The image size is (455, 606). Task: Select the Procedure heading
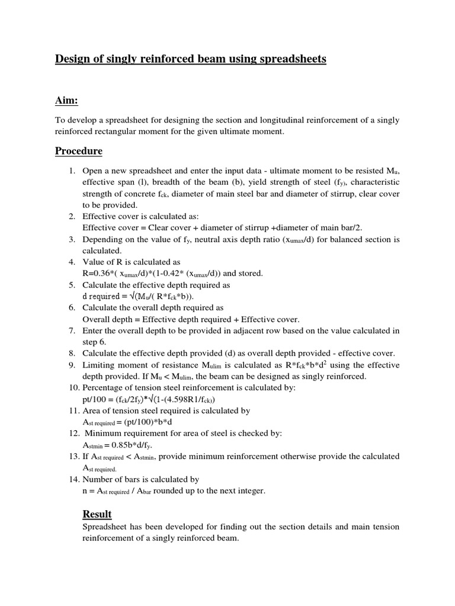tap(79, 151)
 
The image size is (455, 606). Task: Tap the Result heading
tap(97, 514)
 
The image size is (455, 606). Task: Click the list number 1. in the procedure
tap(71, 171)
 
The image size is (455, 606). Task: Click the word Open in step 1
tap(93, 171)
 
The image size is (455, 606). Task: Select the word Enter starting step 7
tap(94, 330)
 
